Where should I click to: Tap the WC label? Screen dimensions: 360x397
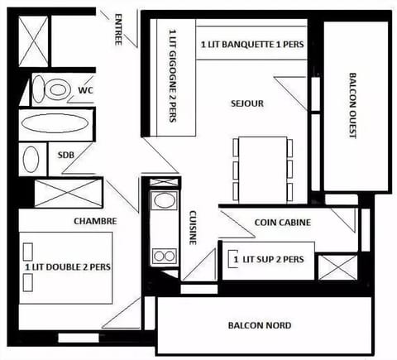(x=85, y=89)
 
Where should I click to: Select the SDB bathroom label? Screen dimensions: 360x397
(x=65, y=154)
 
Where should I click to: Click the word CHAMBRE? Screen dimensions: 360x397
(x=95, y=221)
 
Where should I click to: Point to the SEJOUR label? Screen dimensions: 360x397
(x=247, y=103)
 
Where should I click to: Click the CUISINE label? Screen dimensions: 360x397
(x=193, y=226)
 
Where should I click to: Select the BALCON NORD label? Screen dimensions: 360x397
(x=260, y=325)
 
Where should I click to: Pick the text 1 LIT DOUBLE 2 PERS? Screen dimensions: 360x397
(x=68, y=267)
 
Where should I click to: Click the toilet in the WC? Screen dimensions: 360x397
(x=52, y=89)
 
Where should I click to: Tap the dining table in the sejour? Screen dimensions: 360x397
(x=261, y=170)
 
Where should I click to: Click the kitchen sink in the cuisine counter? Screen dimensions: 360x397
(x=165, y=200)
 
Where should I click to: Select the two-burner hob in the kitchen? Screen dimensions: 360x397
(x=165, y=255)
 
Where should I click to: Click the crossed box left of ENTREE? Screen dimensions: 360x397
(x=35, y=40)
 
